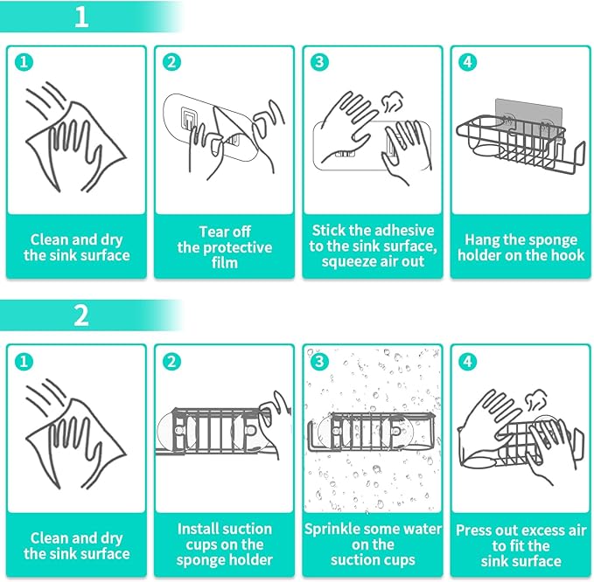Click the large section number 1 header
tap(81, 17)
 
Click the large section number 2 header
tap(81, 315)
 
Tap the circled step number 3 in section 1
tap(319, 62)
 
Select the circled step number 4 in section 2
tap(467, 362)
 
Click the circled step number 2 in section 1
tap(171, 62)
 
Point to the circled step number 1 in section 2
tap(24, 362)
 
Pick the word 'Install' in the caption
tap(196, 529)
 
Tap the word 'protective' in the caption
tap(238, 247)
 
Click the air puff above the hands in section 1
tap(390, 101)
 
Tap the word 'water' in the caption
tap(423, 529)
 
